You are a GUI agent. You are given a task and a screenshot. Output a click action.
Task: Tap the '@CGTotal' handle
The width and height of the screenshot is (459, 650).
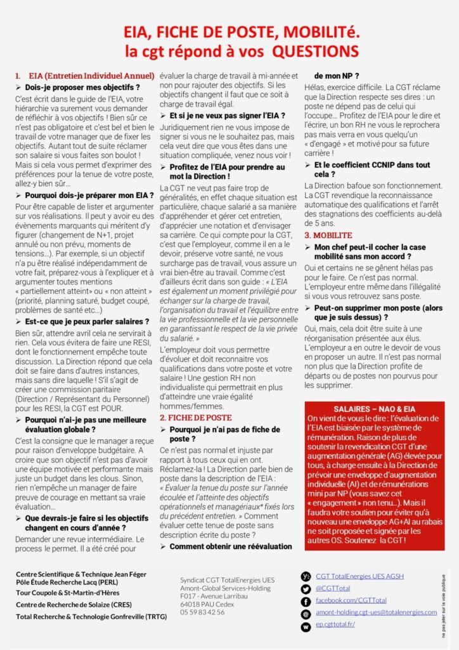pos(333,588)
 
